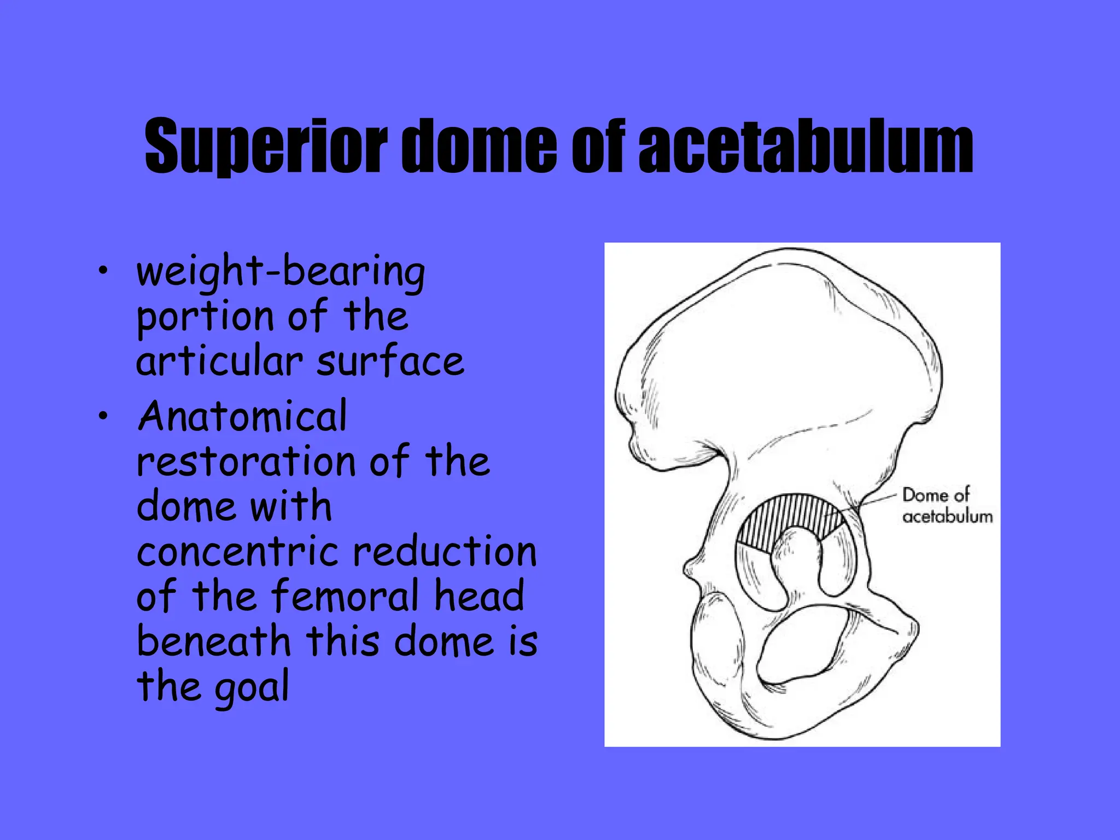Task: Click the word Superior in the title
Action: coord(266,147)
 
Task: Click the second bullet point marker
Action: coord(103,417)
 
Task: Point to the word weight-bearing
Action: coord(281,272)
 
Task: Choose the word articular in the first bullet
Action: coord(219,362)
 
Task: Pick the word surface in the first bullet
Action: coord(390,362)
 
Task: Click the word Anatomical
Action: coord(242,417)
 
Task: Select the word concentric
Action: coord(237,552)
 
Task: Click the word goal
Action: coord(251,688)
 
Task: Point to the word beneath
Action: coord(213,641)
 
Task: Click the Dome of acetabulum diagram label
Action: coord(946,506)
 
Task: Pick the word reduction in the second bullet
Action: coord(445,552)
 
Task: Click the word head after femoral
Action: coord(479,596)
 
